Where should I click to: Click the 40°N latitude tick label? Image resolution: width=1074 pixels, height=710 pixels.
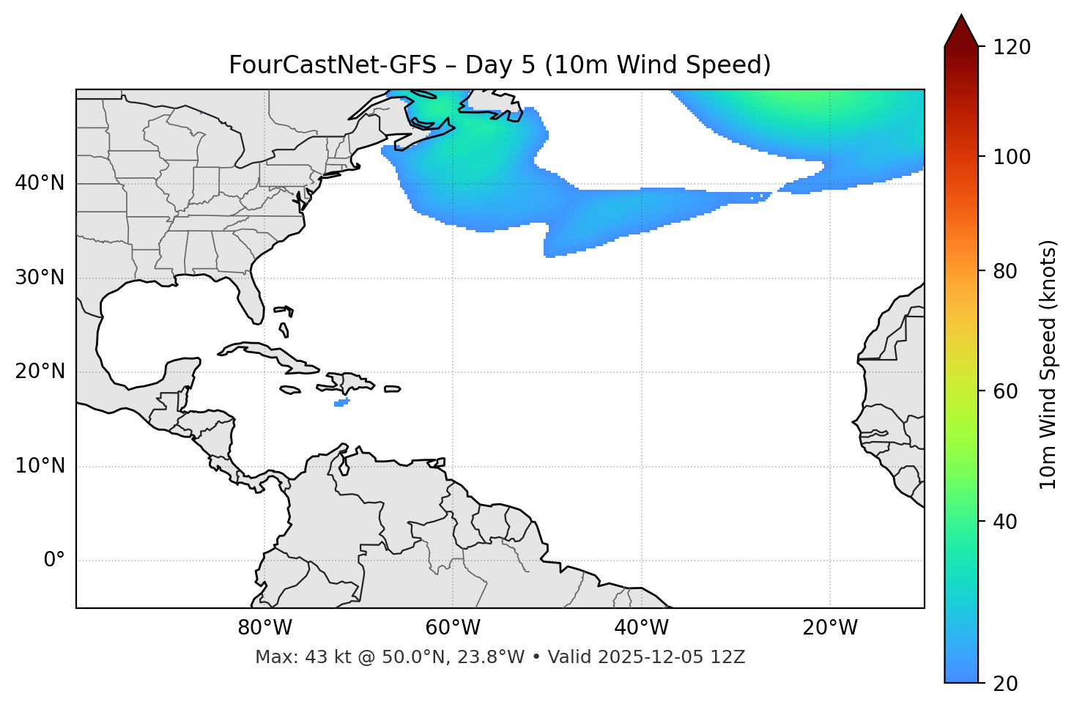point(40,183)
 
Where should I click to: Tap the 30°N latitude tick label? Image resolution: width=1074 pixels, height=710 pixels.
point(40,278)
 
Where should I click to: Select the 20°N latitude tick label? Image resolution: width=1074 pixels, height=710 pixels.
point(40,371)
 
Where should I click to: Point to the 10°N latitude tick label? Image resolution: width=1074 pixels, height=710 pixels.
point(40,466)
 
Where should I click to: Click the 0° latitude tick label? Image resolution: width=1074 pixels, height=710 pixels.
point(54,561)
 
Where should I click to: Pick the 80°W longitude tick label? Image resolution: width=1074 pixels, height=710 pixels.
point(264,628)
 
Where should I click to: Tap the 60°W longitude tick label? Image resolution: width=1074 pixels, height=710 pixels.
point(453,628)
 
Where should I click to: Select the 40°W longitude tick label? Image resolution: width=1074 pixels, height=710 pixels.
point(641,628)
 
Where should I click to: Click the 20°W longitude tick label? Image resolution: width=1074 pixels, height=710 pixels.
point(830,628)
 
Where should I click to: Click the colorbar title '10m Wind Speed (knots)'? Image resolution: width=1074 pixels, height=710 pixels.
point(1048,364)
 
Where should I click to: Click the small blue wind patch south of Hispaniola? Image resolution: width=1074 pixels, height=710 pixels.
point(341,402)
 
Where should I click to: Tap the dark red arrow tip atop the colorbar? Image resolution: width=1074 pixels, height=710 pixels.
point(961,29)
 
